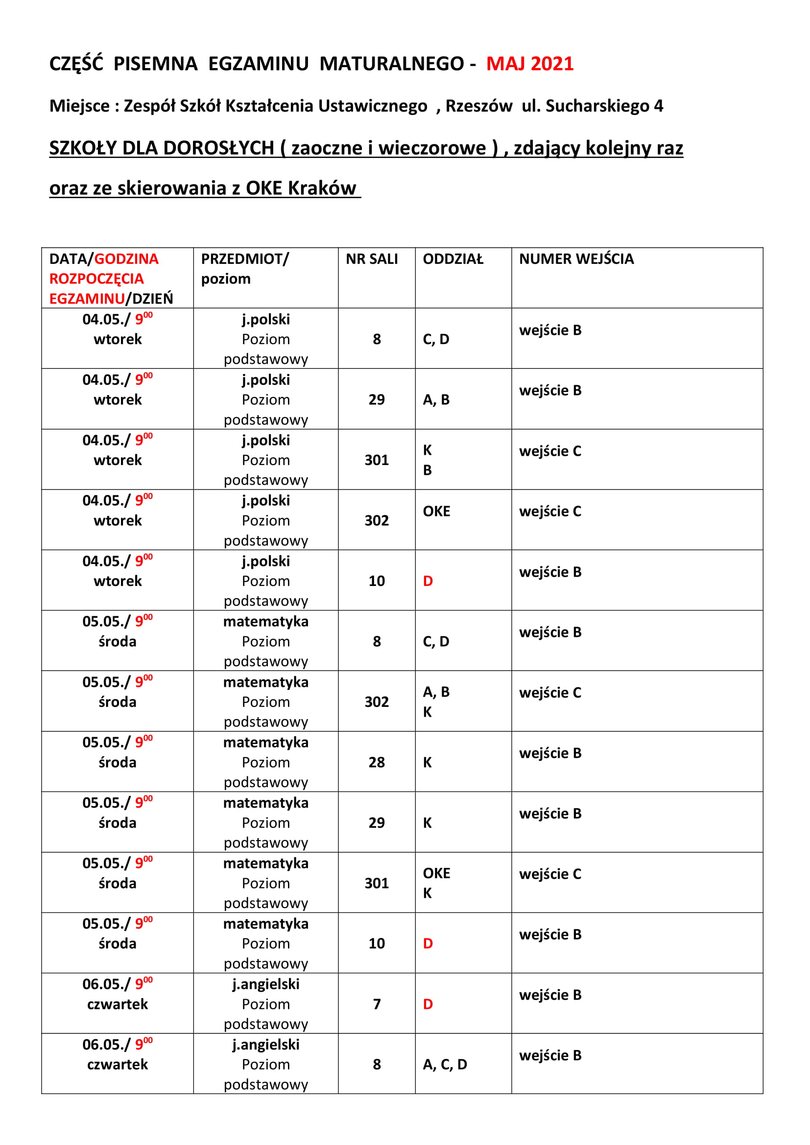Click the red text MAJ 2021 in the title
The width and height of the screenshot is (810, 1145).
tap(530, 64)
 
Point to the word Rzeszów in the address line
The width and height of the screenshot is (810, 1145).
tap(479, 106)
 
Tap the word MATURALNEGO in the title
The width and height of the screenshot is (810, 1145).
tap(392, 64)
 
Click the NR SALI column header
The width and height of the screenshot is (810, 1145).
tap(372, 259)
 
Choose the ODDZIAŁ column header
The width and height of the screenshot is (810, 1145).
tap(453, 259)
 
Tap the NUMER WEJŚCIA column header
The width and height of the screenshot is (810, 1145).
tap(576, 259)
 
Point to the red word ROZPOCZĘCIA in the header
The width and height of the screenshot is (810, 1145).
tap(96, 279)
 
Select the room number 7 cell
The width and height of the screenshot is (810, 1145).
tap(377, 1004)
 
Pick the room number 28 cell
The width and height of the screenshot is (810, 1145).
tap(377, 762)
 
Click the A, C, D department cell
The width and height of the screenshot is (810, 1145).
tap(445, 1064)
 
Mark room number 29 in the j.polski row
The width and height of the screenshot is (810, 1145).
tap(377, 399)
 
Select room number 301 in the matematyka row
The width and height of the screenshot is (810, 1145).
tap(377, 883)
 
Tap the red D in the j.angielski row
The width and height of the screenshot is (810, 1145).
tap(428, 1004)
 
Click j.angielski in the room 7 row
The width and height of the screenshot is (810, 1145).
tap(266, 984)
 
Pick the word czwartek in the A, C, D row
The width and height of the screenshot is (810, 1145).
tap(117, 1064)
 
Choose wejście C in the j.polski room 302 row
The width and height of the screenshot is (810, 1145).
tap(550, 511)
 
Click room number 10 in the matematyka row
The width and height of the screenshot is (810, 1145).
tap(377, 943)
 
